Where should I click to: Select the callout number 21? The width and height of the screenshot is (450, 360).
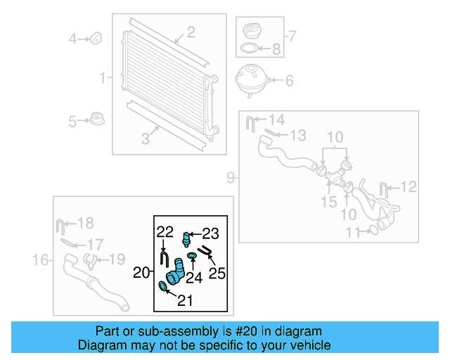[184, 301]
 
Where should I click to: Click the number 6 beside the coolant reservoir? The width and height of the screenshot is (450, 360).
[288, 80]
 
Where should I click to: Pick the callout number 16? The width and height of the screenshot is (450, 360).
[40, 260]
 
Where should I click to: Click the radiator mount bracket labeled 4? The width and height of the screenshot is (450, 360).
[97, 38]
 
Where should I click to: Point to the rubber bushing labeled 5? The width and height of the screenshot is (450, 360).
[97, 120]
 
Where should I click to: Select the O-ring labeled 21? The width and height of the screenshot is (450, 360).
[163, 285]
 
